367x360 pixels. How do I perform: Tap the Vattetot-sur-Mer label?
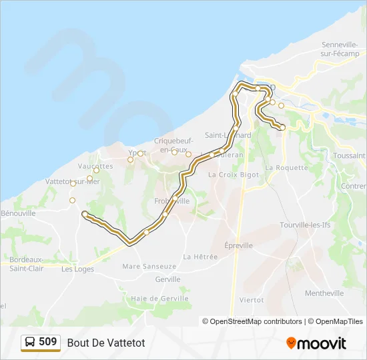(x=72, y=181)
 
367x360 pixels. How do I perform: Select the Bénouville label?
(x=17, y=213)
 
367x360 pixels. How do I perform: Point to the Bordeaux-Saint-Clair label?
(x=27, y=263)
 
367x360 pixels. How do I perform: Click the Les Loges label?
(x=77, y=269)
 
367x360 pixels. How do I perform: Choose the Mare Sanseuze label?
(x=149, y=266)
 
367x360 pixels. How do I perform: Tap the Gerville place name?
(x=167, y=279)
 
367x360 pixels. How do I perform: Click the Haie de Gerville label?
(x=157, y=299)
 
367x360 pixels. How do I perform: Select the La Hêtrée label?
(x=200, y=256)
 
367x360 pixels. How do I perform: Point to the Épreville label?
(x=238, y=245)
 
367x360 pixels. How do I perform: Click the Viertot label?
(x=252, y=300)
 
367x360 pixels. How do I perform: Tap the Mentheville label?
(x=324, y=293)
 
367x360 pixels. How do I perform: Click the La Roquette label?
(x=287, y=167)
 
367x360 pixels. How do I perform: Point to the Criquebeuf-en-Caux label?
(x=173, y=145)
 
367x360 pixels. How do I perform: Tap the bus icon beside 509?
(x=30, y=343)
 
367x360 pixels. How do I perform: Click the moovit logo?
(x=316, y=343)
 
